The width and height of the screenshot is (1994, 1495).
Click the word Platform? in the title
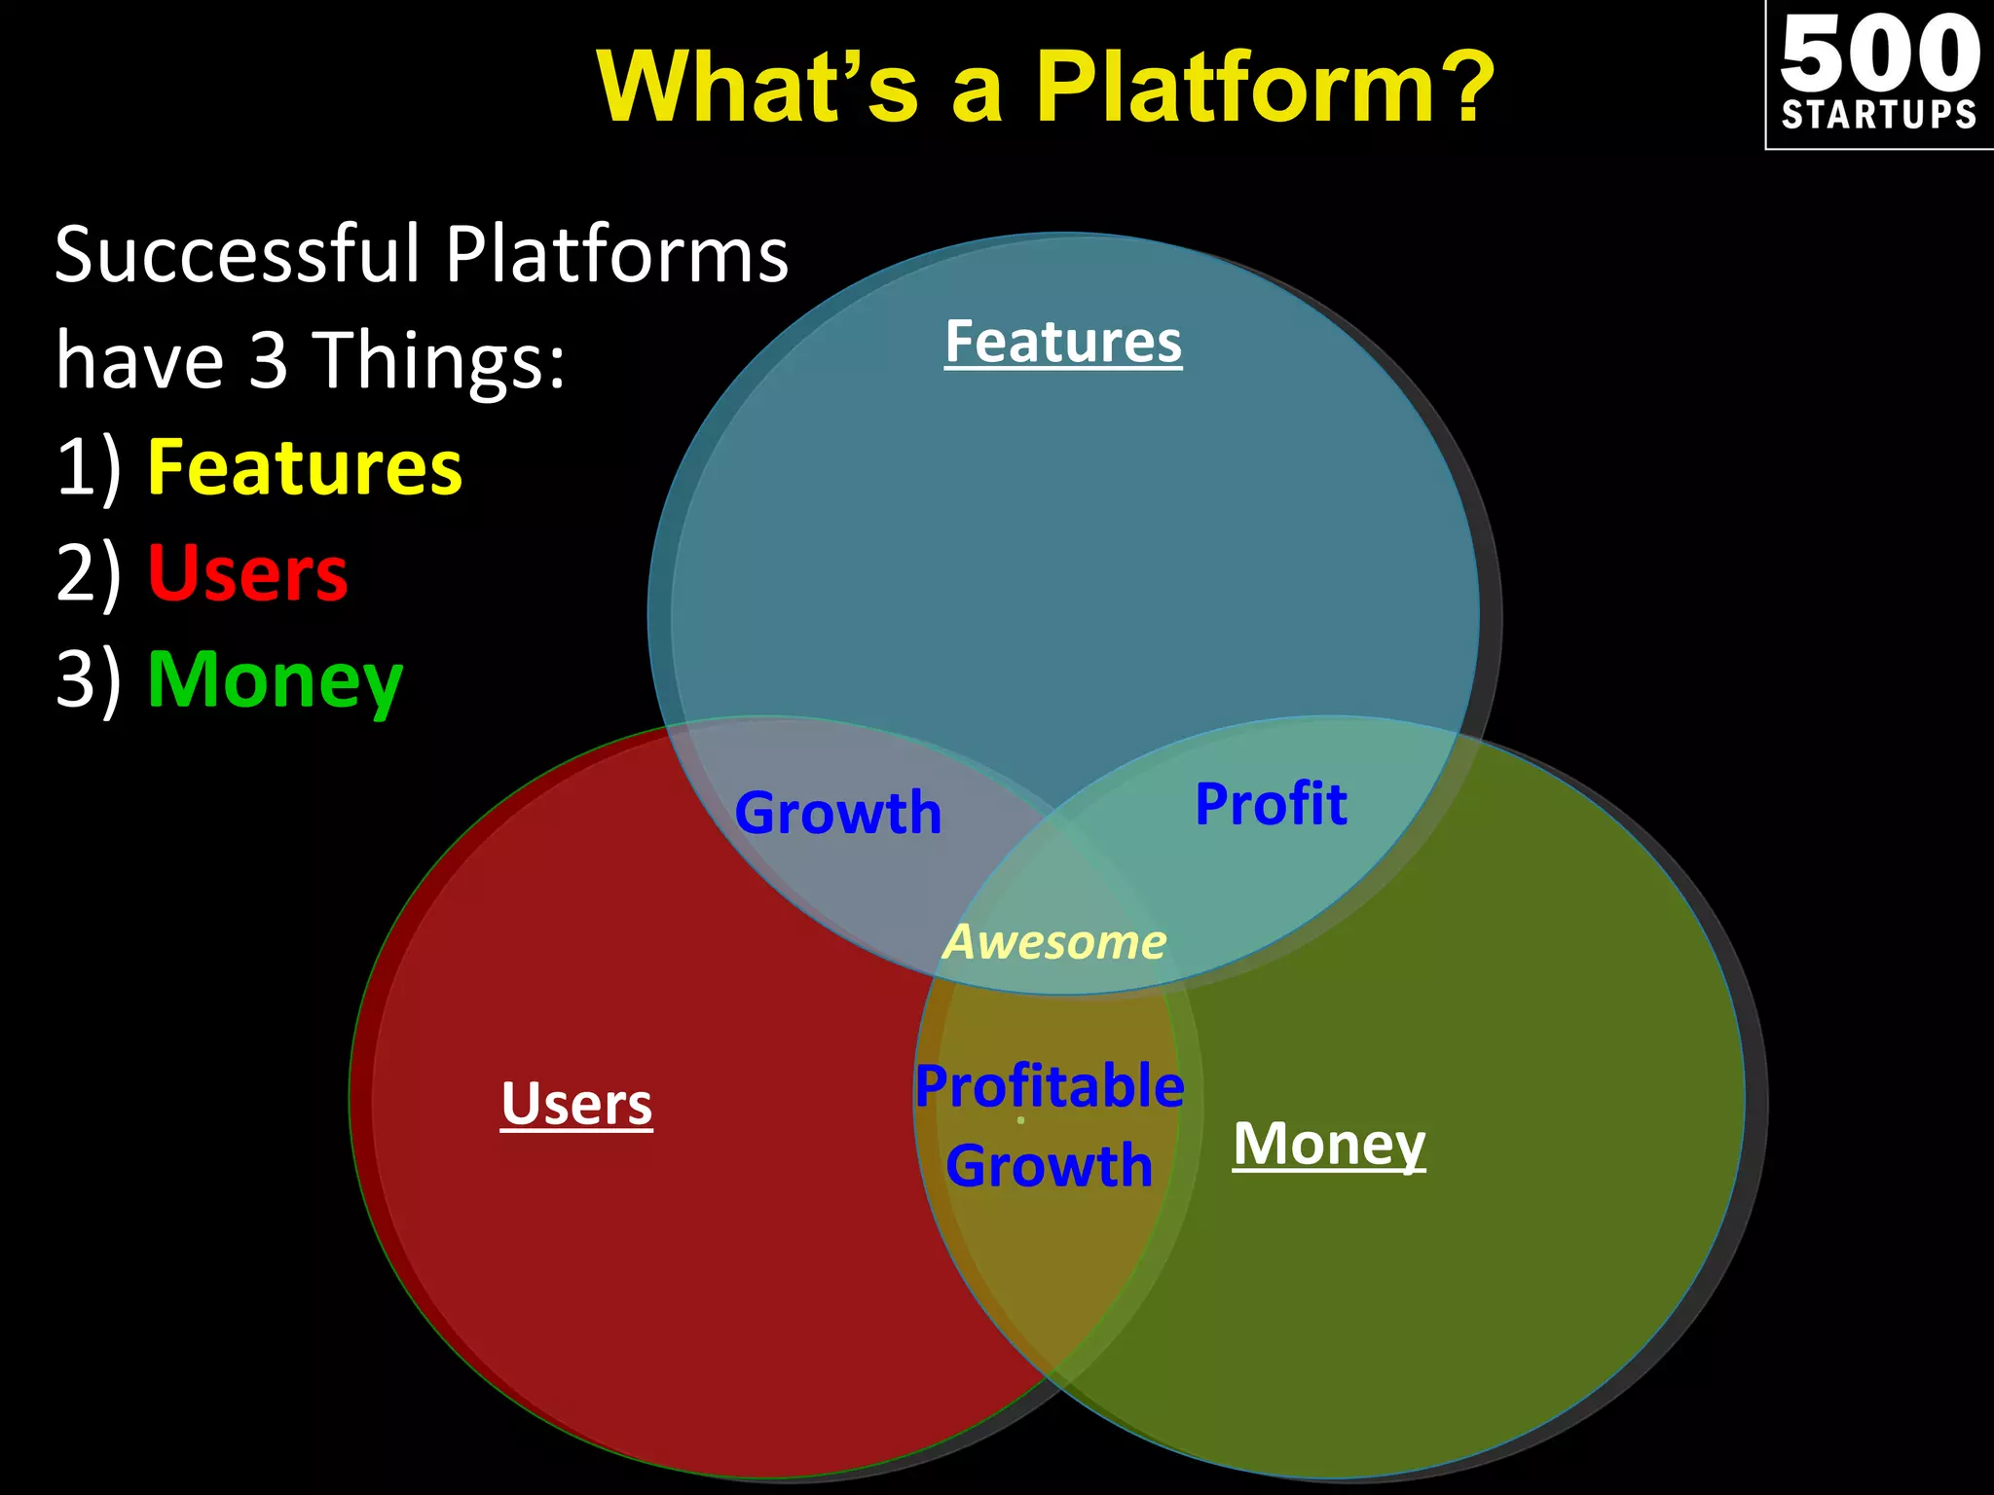[1263, 88]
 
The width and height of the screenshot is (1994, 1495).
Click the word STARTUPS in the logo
[1879, 115]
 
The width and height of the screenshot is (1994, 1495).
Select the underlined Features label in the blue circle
[1063, 342]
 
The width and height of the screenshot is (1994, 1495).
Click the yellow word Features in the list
[305, 468]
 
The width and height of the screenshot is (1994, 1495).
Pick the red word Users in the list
[247, 573]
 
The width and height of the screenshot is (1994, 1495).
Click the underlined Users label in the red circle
[576, 1104]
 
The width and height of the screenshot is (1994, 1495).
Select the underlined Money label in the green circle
[1329, 1144]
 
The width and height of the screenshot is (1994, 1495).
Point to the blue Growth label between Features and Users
[838, 813]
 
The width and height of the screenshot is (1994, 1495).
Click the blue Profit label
[1271, 804]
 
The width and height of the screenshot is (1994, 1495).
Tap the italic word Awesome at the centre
[1055, 942]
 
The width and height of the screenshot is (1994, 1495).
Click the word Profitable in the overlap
[1050, 1086]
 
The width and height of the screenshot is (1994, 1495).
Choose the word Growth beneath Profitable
[1050, 1166]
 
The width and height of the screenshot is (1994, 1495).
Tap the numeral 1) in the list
[89, 468]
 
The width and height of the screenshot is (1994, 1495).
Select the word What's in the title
[757, 88]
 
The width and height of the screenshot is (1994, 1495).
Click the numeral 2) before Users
[89, 573]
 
